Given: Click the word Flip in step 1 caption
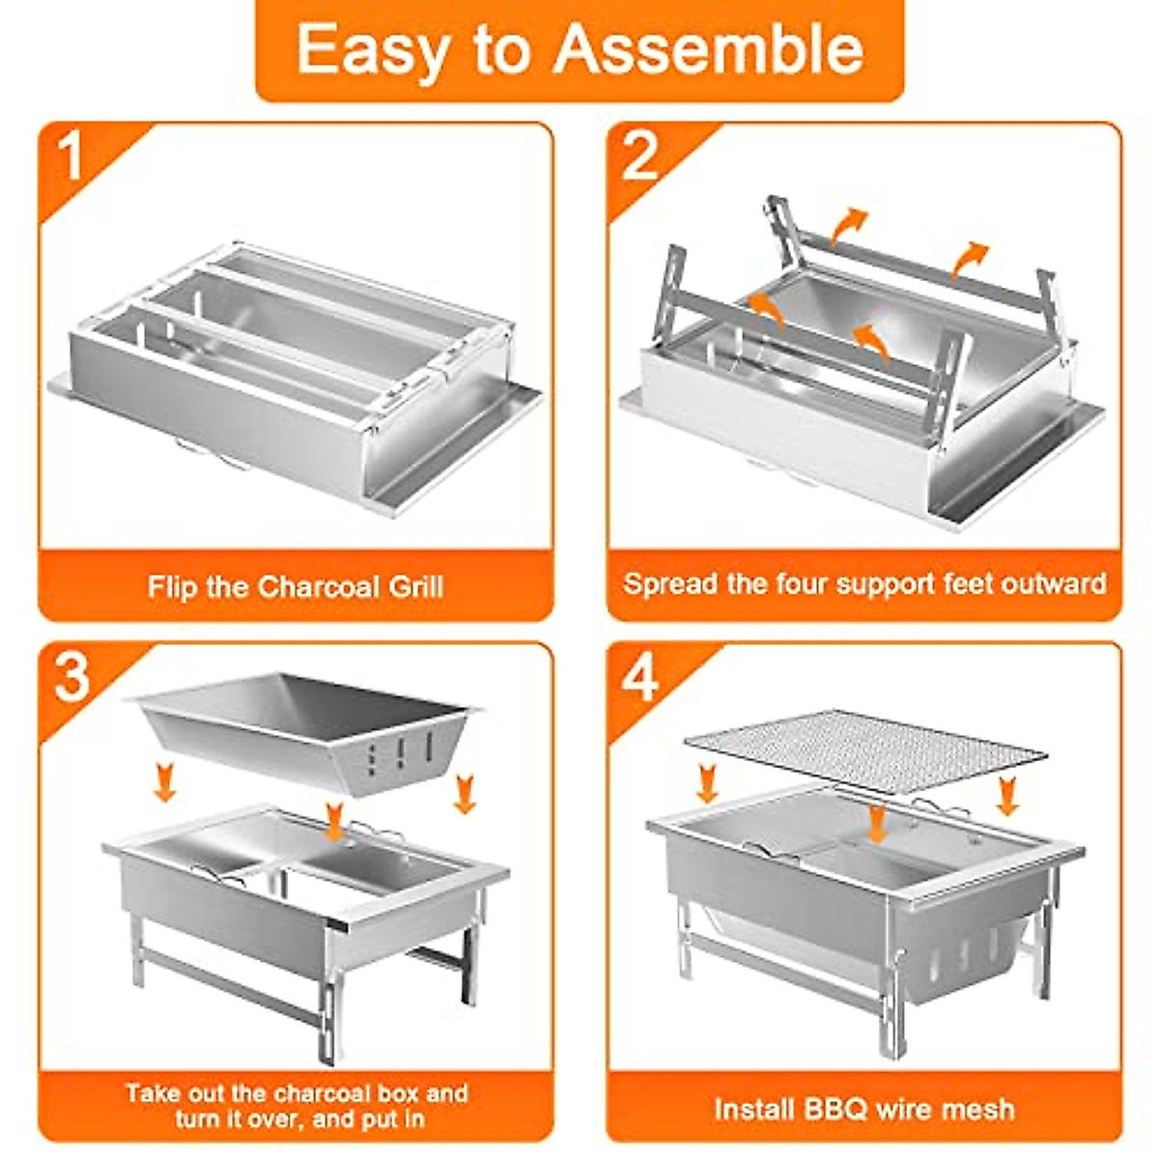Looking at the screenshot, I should (171, 586).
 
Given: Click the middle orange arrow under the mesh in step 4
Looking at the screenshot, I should (877, 823).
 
